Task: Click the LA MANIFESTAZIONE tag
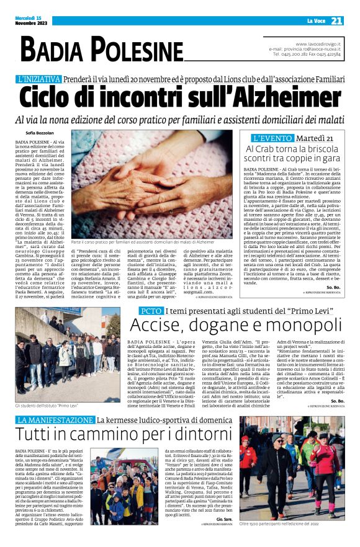tap(55, 420)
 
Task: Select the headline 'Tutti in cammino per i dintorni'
tap(125, 435)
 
